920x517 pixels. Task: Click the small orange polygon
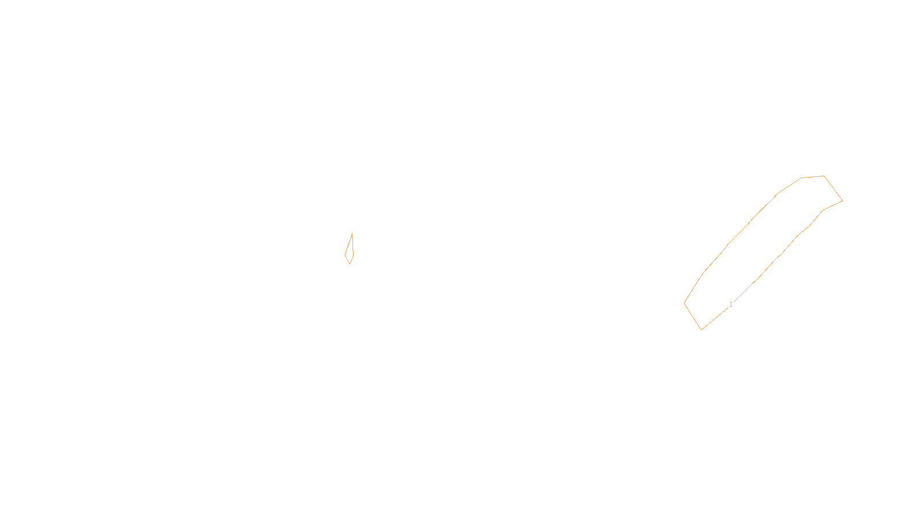point(350,250)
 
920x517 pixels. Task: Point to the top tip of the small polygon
point(352,234)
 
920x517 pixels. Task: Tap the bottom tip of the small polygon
point(350,264)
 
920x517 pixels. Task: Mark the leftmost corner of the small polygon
point(345,254)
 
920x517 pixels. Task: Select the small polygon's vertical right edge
point(352,244)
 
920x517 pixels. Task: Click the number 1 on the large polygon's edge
point(731,304)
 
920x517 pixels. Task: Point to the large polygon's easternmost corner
point(842,200)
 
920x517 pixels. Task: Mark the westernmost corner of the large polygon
point(684,303)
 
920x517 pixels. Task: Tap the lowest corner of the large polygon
point(701,329)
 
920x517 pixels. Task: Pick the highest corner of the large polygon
point(824,176)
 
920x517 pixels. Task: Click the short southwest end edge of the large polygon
point(693,316)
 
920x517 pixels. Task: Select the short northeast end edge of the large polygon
point(833,188)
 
